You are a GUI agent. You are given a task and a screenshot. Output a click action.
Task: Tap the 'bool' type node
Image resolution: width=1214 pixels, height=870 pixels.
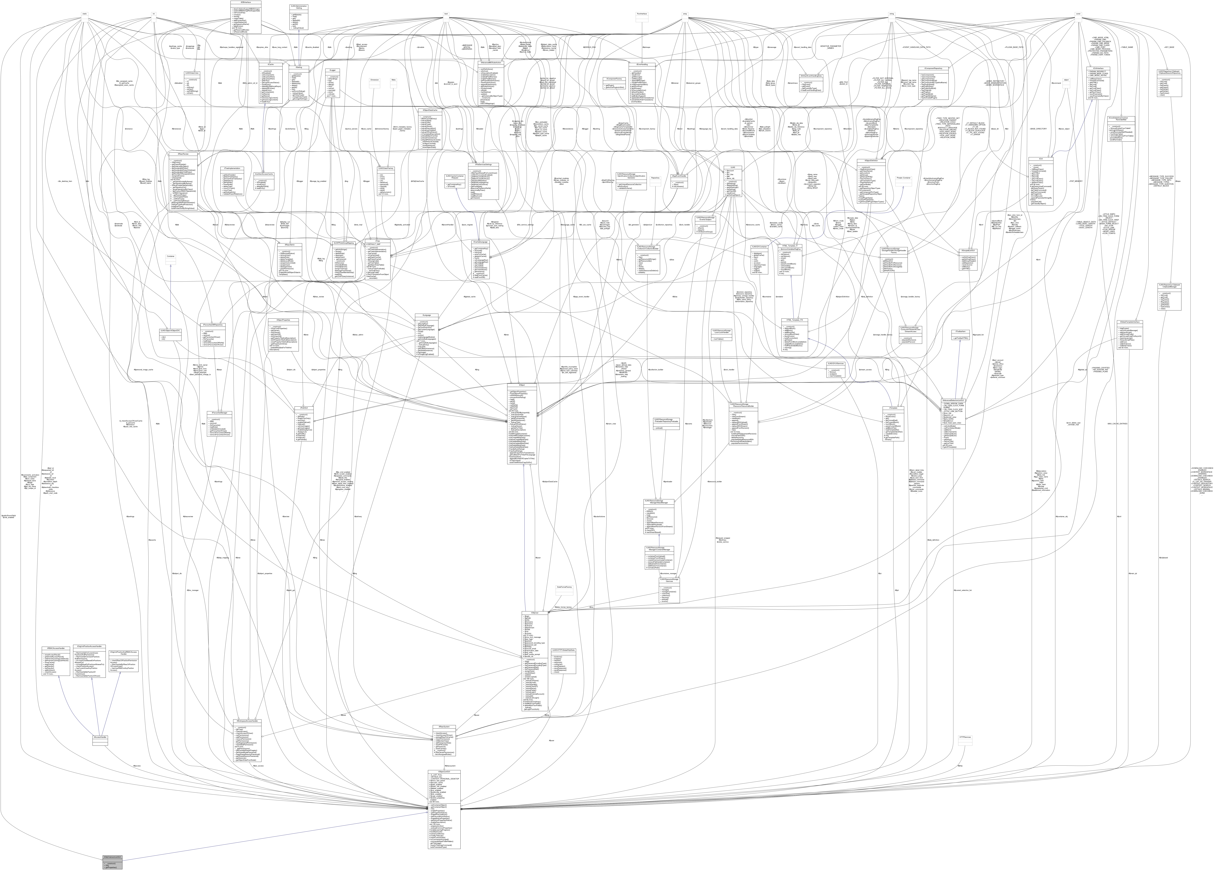(446, 13)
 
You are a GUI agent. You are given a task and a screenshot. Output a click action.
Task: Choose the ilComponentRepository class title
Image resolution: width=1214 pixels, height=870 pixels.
(933, 68)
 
